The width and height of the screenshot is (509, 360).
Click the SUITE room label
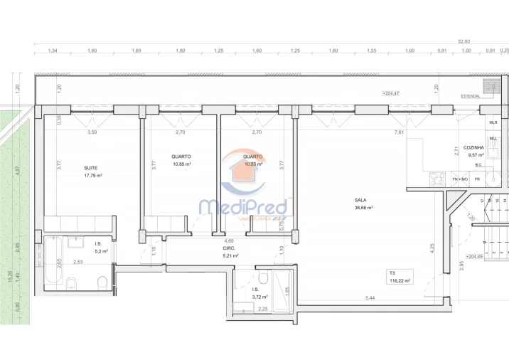pyautogui.click(x=91, y=168)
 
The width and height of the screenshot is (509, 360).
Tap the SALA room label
pyautogui.click(x=360, y=200)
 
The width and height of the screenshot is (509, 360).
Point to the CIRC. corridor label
pyautogui.click(x=229, y=249)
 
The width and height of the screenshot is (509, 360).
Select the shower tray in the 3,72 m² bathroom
pyautogui.click(x=283, y=290)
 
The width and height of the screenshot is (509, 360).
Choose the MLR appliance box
pyautogui.click(x=493, y=122)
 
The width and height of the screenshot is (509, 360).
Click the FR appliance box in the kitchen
pyautogui.click(x=478, y=179)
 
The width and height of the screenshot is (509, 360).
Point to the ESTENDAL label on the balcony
pyautogui.click(x=471, y=95)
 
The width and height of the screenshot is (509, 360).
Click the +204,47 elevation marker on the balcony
pyautogui.click(x=391, y=93)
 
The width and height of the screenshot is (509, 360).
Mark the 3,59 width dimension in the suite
pyautogui.click(x=92, y=132)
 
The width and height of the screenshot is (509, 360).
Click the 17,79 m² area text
pyautogui.click(x=93, y=175)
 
